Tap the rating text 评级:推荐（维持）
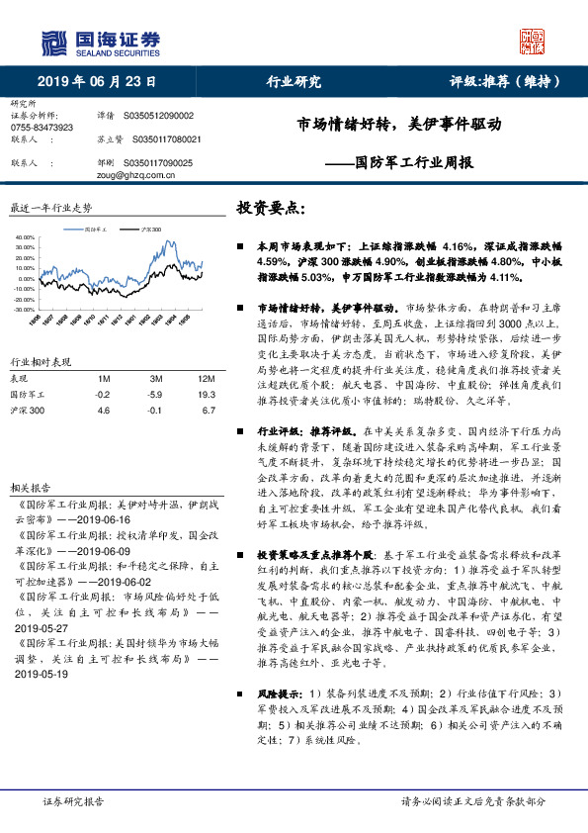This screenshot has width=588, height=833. [506, 82]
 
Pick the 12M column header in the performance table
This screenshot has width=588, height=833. [207, 379]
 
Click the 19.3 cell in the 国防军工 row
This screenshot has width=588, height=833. [207, 394]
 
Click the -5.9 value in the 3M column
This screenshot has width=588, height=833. [155, 394]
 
